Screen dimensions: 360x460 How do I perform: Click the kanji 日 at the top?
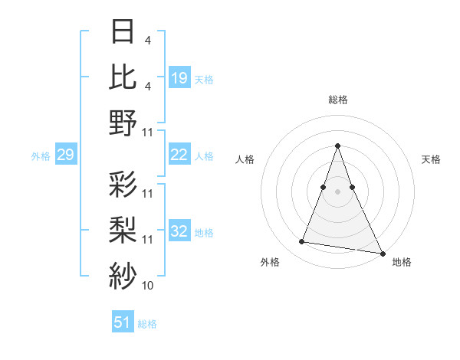pyautogui.click(x=123, y=32)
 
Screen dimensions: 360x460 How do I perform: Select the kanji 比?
pyautogui.click(x=123, y=77)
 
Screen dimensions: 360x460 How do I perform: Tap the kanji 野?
pyautogui.click(x=123, y=123)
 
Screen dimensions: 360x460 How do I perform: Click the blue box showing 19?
pyautogui.click(x=179, y=77)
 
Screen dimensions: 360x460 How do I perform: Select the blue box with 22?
pyautogui.click(x=179, y=155)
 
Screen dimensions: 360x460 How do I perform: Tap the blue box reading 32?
pyautogui.click(x=179, y=232)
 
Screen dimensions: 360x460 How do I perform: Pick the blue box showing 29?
pyautogui.click(x=65, y=155)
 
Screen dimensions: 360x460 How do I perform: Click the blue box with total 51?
pyautogui.click(x=123, y=322)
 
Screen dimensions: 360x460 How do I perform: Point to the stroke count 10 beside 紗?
pyautogui.click(x=148, y=286)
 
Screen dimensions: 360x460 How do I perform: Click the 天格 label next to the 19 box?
pyautogui.click(x=204, y=79)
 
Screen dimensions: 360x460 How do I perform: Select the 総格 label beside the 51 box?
pyautogui.click(x=147, y=324)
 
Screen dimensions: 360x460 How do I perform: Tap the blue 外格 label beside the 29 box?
pyautogui.click(x=41, y=156)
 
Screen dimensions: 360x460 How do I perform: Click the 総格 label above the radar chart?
pyautogui.click(x=337, y=100)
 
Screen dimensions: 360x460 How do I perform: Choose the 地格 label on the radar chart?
pyautogui.click(x=402, y=262)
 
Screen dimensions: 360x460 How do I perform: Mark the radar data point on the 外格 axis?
pyautogui.click(x=302, y=242)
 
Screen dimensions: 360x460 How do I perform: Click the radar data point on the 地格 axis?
pyautogui.click(x=383, y=253)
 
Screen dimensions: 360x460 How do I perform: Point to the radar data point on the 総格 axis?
pyautogui.click(x=337, y=146)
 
